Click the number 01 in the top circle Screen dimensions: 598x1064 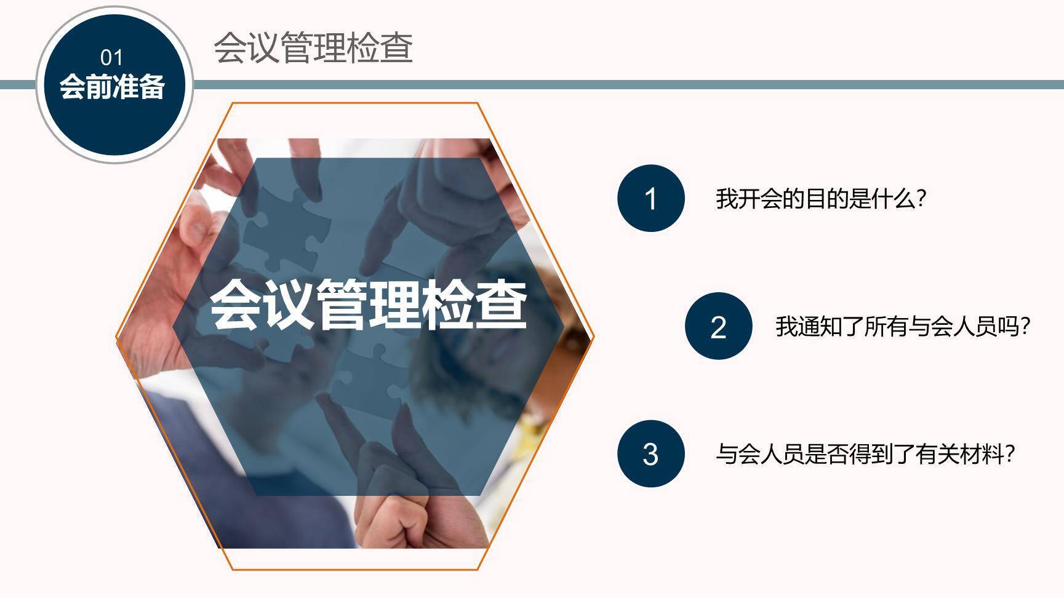[x=111, y=58]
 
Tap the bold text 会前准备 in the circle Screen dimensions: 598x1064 [x=112, y=87]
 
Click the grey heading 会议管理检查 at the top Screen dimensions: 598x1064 [x=313, y=48]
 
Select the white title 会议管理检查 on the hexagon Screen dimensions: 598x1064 [x=368, y=304]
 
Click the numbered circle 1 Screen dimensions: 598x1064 [x=650, y=198]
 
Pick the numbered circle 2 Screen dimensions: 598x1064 [x=718, y=326]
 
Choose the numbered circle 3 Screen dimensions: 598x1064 [x=650, y=454]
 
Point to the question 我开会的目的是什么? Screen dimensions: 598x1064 [x=820, y=199]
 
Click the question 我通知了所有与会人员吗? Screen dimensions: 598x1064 [x=902, y=326]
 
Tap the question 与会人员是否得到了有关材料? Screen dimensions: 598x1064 [x=865, y=455]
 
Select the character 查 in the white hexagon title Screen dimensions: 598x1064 [x=500, y=304]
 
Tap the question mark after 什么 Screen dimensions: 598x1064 [x=921, y=199]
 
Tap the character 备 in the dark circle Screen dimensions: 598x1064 [x=152, y=87]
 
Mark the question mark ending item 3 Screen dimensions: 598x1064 [x=1009, y=455]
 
